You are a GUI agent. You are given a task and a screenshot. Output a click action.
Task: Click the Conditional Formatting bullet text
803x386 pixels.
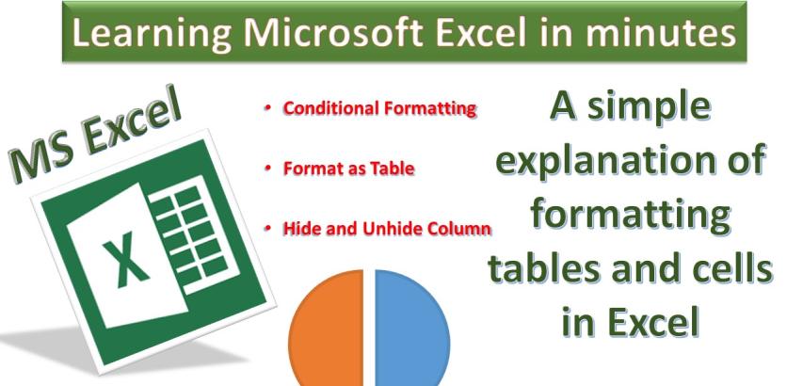tap(378, 108)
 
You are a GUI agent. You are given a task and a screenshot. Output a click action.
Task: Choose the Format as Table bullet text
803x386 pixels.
tap(348, 169)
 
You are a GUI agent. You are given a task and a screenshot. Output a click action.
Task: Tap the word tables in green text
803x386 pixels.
tap(544, 269)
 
